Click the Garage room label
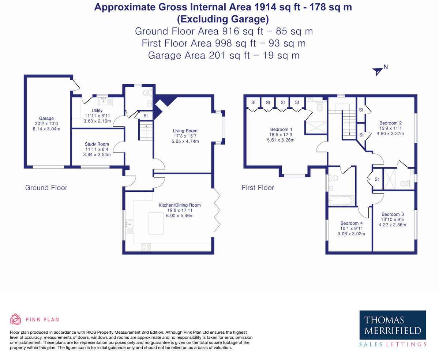(46, 118)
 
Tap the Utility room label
(97, 110)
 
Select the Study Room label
(97, 144)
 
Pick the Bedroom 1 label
(281, 129)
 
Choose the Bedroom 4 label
(352, 223)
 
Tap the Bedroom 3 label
(393, 214)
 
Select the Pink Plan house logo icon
(15, 319)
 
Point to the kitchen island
(156, 222)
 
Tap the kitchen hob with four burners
(146, 247)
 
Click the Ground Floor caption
(46, 188)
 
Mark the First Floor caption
(258, 188)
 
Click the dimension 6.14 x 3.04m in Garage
(46, 129)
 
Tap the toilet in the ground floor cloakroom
(147, 92)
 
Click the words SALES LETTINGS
(393, 344)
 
